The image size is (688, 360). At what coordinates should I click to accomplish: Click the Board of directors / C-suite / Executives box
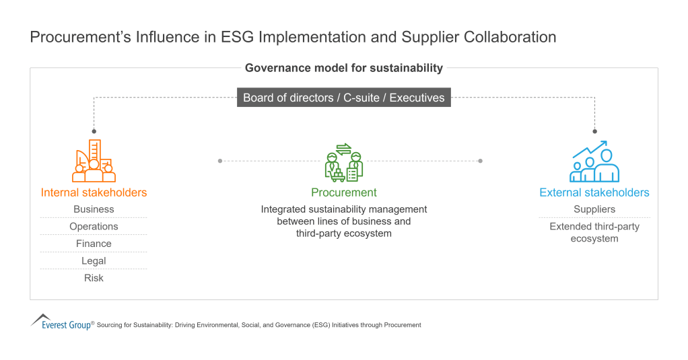(343, 98)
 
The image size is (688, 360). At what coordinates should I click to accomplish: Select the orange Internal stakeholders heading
(94, 192)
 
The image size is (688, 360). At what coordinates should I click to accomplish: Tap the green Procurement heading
(343, 192)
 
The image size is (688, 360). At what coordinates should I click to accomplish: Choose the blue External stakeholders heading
(594, 192)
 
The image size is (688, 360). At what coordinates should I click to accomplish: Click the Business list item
(94, 209)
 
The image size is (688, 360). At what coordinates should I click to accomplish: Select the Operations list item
(94, 227)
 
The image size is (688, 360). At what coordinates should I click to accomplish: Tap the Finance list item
(94, 244)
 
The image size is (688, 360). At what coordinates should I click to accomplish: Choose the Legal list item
(94, 261)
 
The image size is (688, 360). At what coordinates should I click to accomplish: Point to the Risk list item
(94, 278)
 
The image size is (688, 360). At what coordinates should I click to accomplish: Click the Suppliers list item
(594, 209)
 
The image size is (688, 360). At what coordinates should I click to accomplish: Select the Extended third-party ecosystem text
(594, 232)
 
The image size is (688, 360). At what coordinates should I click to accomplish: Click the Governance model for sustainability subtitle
(343, 68)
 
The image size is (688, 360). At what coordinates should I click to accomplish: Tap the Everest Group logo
(61, 322)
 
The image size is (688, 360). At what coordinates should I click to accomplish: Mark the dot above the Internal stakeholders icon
(94, 131)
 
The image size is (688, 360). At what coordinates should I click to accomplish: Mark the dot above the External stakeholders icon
(594, 131)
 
